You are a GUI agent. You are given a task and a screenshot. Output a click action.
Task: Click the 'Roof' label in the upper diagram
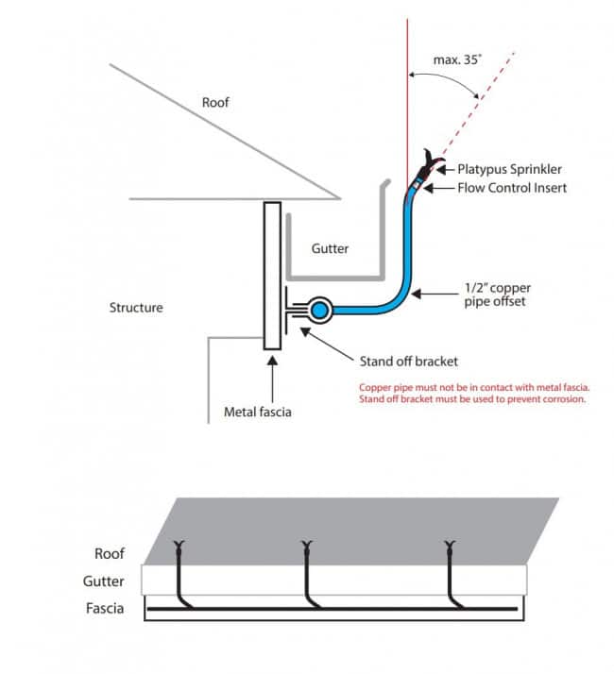tap(215, 102)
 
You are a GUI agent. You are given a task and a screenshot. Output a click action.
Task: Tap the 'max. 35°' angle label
tap(458, 59)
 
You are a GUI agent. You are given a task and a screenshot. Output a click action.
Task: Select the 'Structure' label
tap(136, 308)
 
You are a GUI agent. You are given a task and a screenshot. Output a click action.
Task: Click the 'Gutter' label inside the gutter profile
tap(331, 249)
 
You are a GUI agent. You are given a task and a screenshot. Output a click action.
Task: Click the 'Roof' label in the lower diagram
tap(110, 554)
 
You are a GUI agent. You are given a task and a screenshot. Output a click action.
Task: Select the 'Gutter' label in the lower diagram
tap(105, 581)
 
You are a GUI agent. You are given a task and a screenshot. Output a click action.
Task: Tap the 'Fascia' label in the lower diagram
tap(105, 608)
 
